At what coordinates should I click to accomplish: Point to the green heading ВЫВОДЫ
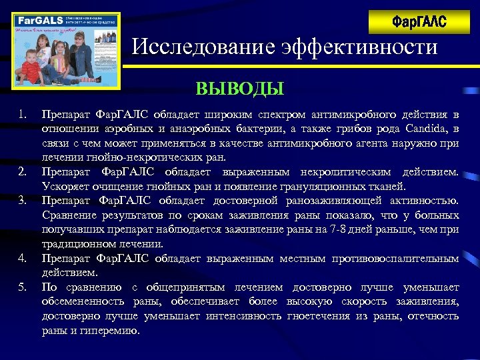coord(239,89)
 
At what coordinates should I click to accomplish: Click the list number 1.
coord(22,115)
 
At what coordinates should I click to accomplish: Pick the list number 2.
coord(22,172)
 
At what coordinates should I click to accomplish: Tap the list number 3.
coord(22,201)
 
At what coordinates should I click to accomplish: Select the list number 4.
coord(22,258)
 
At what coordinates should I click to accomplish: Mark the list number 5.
coord(22,287)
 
